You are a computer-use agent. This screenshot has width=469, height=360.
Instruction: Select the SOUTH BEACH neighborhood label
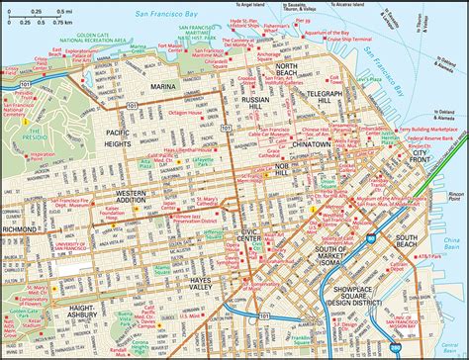coord(408,238)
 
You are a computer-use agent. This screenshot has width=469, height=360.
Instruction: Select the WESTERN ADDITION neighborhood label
coord(138,195)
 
